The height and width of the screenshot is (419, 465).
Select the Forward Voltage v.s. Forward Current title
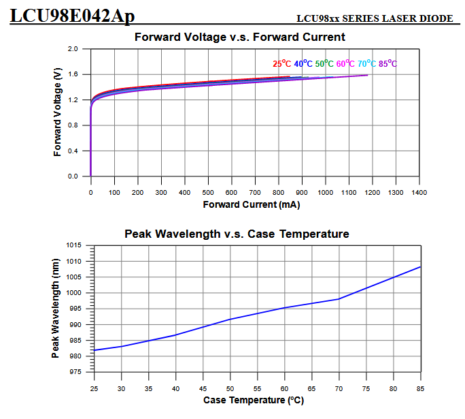pyautogui.click(x=240, y=37)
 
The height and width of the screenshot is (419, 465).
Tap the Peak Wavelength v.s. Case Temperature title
pyautogui.click(x=237, y=234)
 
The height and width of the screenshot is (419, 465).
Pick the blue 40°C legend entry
pyautogui.click(x=303, y=63)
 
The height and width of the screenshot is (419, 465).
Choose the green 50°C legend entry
pyautogui.click(x=325, y=63)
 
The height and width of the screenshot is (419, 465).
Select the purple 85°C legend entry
pyautogui.click(x=388, y=63)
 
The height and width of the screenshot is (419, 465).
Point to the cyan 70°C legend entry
pyautogui.click(x=367, y=63)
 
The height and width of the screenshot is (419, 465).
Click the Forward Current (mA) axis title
pyautogui.click(x=252, y=204)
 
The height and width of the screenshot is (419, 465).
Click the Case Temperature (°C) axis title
pyautogui.click(x=253, y=400)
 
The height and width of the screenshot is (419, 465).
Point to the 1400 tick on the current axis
pyautogui.click(x=419, y=192)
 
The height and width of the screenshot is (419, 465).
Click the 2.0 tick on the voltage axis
pyautogui.click(x=73, y=49)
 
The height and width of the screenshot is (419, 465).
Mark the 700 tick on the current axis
pyautogui.click(x=255, y=192)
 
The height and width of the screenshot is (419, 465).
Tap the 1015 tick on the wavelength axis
pyautogui.click(x=73, y=245)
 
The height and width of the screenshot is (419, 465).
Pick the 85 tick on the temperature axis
pyautogui.click(x=421, y=388)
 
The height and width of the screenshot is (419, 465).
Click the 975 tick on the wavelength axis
pyautogui.click(x=75, y=372)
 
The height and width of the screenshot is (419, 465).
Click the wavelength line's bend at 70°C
pyautogui.click(x=339, y=298)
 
